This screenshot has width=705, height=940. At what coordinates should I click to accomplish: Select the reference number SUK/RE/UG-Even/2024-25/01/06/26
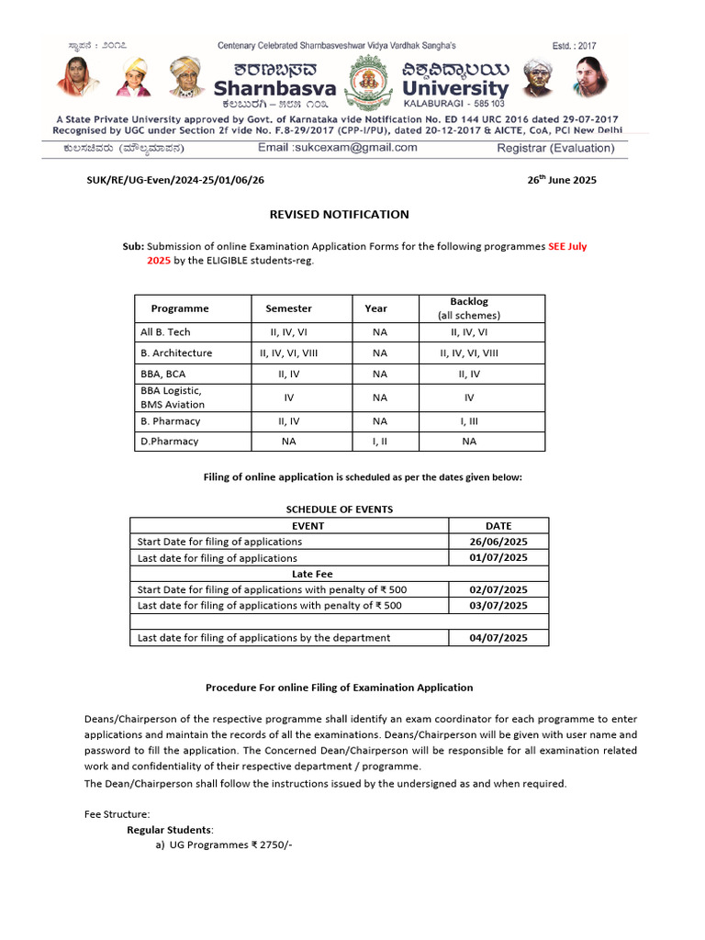click(x=174, y=180)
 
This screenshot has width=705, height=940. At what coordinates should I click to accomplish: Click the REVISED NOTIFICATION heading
click(x=339, y=215)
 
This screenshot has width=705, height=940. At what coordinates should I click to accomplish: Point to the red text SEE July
click(x=566, y=247)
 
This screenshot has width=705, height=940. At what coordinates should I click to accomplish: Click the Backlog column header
click(x=469, y=301)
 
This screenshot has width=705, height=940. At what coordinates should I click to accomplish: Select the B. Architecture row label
click(x=176, y=352)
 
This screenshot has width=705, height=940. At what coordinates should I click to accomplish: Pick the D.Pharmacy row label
click(x=170, y=442)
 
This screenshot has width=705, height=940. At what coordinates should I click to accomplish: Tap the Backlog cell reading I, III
click(x=469, y=421)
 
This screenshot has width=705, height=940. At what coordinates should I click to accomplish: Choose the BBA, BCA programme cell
click(x=164, y=374)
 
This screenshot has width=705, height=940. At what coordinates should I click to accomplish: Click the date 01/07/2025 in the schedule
click(x=498, y=558)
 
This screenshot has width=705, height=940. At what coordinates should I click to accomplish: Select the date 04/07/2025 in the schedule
click(x=498, y=638)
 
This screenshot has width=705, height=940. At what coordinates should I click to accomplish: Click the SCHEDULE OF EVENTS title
click(x=340, y=509)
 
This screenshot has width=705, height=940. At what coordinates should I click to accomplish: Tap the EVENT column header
click(x=308, y=526)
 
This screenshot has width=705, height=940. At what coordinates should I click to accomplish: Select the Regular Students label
click(x=170, y=829)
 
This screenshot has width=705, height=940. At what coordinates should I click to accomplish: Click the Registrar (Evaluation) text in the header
click(x=555, y=148)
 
